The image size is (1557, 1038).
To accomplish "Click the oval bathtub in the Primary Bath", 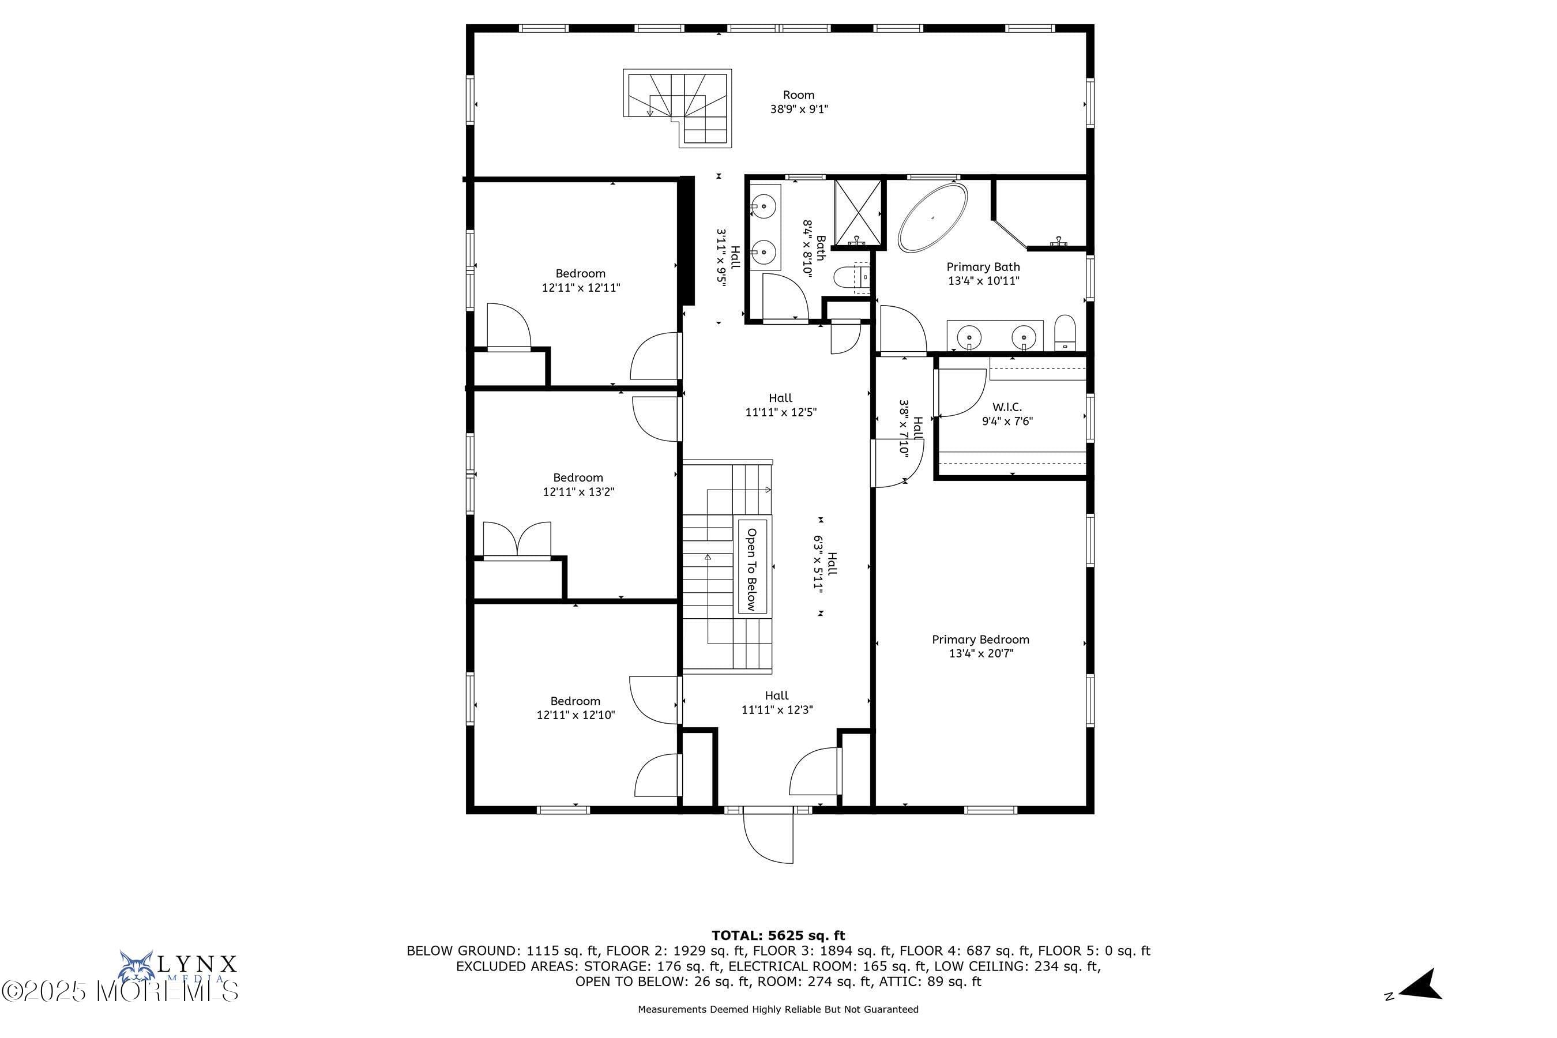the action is tap(932, 217).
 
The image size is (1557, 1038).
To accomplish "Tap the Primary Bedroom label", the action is tap(980, 640).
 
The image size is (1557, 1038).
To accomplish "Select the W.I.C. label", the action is tap(1007, 407).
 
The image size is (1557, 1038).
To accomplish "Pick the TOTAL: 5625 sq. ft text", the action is tap(778, 935).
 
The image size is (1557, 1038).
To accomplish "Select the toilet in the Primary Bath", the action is tap(1065, 332).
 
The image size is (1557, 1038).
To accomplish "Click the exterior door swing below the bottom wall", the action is tap(768, 836).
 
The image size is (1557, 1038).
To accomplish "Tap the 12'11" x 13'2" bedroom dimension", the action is tap(578, 492).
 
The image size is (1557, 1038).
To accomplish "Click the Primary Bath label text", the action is tap(983, 267).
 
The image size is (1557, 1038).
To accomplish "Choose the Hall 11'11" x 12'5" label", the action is tap(781, 405).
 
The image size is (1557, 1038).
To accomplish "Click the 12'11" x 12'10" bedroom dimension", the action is tap(576, 715).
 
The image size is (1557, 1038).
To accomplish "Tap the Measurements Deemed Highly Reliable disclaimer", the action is tap(778, 1010).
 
